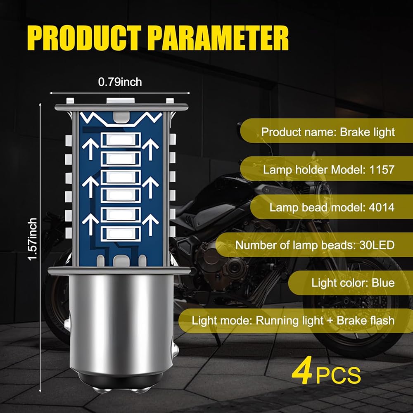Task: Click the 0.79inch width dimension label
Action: [120, 82]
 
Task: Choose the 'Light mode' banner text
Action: [293, 320]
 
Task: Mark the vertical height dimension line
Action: [40, 248]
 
